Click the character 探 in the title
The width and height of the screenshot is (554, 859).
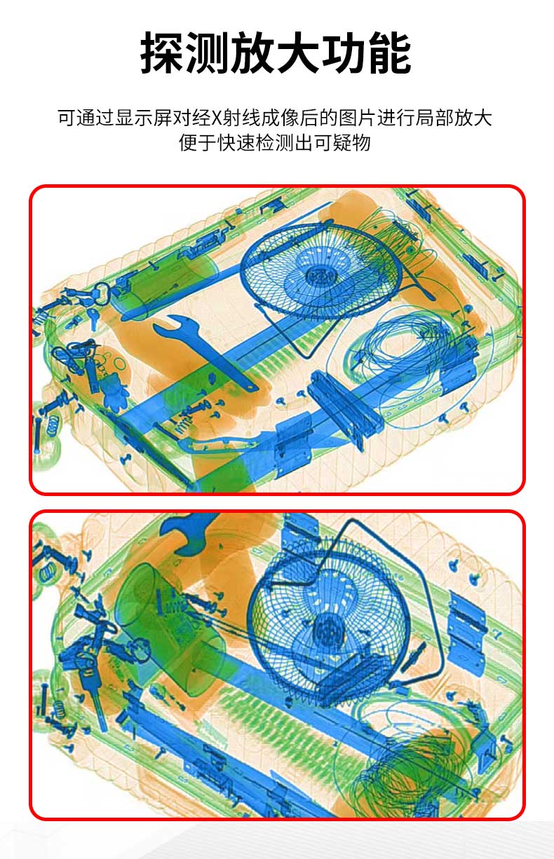pos(163,52)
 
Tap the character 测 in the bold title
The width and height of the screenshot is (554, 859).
pos(208,52)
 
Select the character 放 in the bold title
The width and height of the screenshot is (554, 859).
pos(253,52)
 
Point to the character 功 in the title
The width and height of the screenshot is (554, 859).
pos(344,52)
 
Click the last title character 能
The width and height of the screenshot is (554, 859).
pos(389,52)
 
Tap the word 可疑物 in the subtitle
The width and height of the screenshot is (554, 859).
pos(342,143)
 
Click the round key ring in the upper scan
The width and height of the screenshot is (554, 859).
pos(102,294)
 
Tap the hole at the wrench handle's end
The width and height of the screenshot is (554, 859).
pos(252,387)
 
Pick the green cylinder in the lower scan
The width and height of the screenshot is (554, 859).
pos(168,629)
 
